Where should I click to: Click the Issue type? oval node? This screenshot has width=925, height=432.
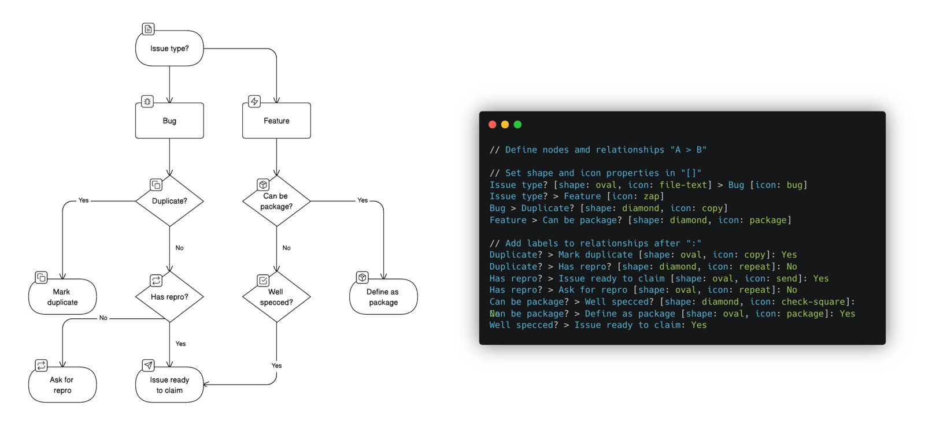coord(169,49)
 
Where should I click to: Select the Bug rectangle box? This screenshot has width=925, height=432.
coord(169,121)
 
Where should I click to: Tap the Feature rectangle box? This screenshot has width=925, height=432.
coord(276,121)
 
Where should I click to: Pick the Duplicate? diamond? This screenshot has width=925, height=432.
coord(169,201)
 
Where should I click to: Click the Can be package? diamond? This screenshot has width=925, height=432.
coord(276,201)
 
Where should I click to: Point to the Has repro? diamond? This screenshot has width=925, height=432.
coord(169,297)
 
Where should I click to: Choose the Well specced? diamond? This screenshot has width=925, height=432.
coord(276,297)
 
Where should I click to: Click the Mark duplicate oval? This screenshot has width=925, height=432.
coord(62,297)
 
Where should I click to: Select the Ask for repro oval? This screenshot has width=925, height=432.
coord(62,385)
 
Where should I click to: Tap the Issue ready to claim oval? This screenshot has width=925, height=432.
coord(169,385)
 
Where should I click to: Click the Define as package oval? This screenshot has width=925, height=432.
coord(383,297)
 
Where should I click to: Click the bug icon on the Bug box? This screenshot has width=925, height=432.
coord(147,102)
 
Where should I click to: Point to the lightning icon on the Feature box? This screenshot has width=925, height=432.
coord(254,102)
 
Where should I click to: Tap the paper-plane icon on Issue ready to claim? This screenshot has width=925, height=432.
coord(148,365)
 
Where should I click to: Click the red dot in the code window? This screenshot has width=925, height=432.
coord(492,125)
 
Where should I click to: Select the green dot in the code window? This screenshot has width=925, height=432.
coord(517,125)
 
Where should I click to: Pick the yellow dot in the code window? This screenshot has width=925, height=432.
coord(505,125)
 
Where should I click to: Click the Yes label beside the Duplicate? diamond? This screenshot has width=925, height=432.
coord(83,200)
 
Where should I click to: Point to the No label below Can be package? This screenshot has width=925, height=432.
coord(286,248)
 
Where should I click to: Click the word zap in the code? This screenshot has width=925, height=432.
coord(651,196)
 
